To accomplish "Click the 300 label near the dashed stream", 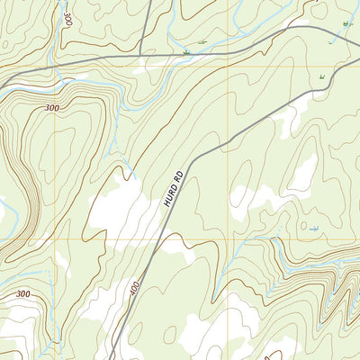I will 22,294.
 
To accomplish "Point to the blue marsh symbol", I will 313,229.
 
